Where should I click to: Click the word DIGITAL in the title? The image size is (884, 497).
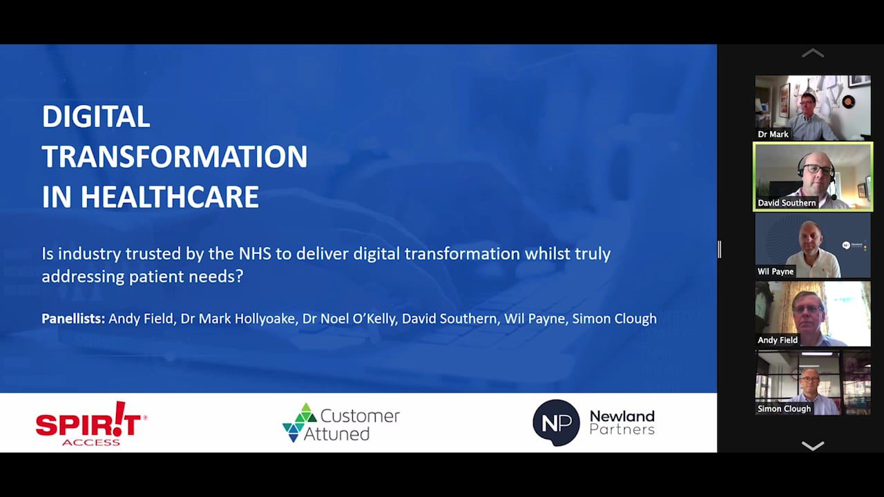click(x=96, y=117)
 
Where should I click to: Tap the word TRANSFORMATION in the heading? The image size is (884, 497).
click(x=175, y=157)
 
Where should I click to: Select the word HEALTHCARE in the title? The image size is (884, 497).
click(x=170, y=197)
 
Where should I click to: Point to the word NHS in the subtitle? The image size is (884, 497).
click(x=255, y=253)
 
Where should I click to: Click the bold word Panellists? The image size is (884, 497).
click(x=73, y=318)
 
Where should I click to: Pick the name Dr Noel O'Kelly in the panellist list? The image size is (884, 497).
click(x=349, y=318)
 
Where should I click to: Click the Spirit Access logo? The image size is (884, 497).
click(x=91, y=424)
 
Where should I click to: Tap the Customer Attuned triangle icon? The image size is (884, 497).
click(x=300, y=422)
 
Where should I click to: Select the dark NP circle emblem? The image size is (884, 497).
click(x=556, y=423)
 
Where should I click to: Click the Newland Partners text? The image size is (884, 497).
click(x=622, y=422)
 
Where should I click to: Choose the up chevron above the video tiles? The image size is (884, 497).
click(x=813, y=54)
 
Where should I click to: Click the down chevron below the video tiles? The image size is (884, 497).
click(x=813, y=446)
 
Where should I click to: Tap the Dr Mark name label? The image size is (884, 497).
click(x=773, y=134)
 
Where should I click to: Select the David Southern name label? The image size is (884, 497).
click(x=786, y=203)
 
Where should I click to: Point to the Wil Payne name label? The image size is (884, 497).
click(x=775, y=271)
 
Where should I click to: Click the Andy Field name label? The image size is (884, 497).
click(x=778, y=340)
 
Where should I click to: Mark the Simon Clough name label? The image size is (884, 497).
click(x=784, y=409)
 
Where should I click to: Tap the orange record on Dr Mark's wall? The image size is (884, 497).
click(x=848, y=101)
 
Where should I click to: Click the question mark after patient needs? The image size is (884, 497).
click(x=240, y=276)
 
